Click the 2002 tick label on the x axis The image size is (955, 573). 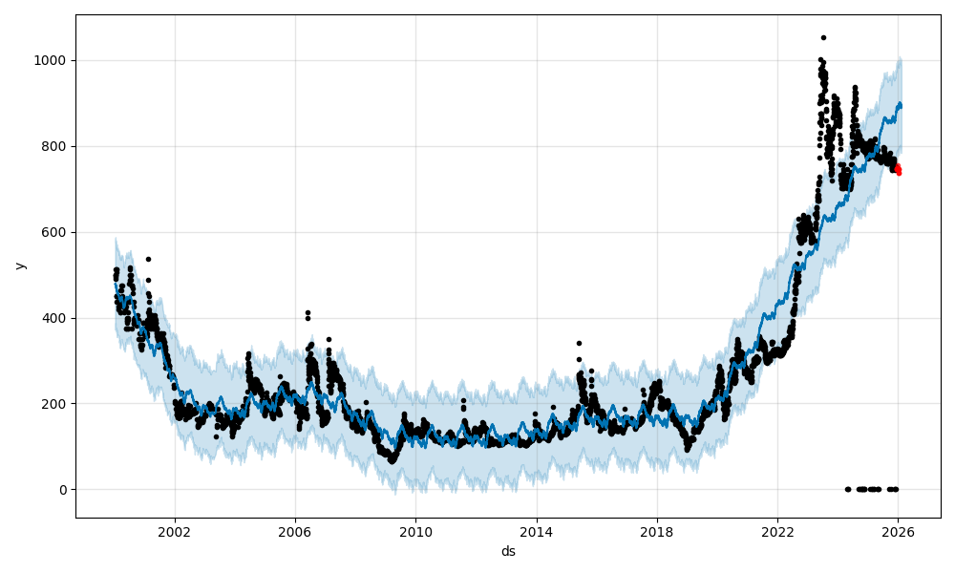click(x=174, y=531)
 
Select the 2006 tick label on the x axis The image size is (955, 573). click(x=294, y=531)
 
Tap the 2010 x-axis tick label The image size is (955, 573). click(x=415, y=531)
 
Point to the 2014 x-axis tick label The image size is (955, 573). click(x=536, y=531)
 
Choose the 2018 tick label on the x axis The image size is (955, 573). click(x=656, y=531)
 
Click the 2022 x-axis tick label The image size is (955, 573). click(x=777, y=531)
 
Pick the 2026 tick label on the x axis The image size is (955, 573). click(x=898, y=531)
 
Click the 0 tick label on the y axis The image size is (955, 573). click(x=63, y=490)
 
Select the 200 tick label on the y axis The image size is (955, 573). click(x=56, y=404)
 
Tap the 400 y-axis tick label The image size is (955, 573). click(x=56, y=318)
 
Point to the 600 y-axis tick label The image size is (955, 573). click(x=56, y=232)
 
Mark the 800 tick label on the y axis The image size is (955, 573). click(x=56, y=146)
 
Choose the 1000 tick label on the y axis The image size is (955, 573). click(x=53, y=60)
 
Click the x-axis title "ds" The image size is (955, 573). click(x=508, y=551)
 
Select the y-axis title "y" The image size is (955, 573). click(x=20, y=265)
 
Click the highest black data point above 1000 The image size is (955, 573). click(x=823, y=38)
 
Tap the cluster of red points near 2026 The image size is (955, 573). click(x=898, y=169)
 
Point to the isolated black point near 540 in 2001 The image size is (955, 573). click(x=148, y=259)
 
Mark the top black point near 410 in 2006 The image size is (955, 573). click(x=308, y=312)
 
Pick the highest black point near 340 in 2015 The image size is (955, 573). click(x=579, y=343)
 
